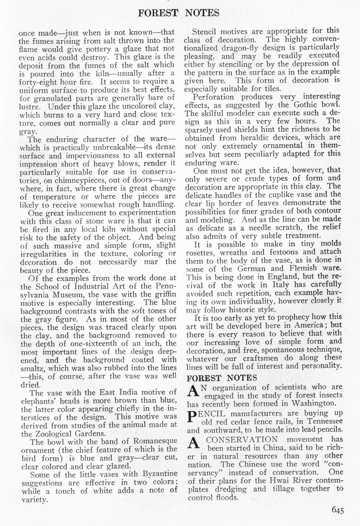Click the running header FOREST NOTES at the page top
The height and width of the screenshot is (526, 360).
[x=178, y=13]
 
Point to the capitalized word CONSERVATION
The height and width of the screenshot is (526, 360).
[x=242, y=439]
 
